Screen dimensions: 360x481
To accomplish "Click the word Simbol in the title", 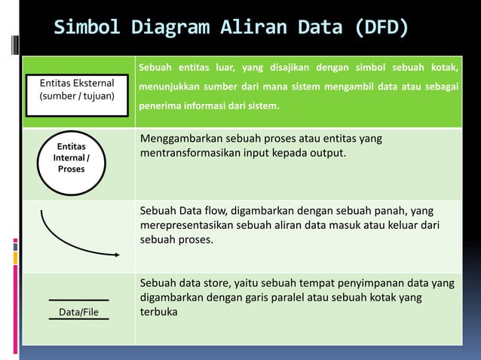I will coord(84,29).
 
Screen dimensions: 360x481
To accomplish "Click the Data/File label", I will coord(79,311).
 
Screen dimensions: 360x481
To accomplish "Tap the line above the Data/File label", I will coord(79,301).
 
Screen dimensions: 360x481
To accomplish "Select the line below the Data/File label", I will coord(79,320).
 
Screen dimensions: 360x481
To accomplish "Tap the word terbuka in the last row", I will coord(159,312).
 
